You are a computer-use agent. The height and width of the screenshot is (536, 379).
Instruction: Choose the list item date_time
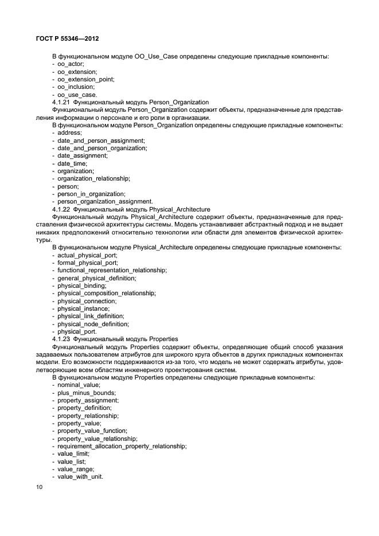(x=72, y=163)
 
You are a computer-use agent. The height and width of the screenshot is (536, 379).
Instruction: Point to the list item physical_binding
(x=81, y=285)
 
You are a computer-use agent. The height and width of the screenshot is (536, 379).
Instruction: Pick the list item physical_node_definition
(x=93, y=324)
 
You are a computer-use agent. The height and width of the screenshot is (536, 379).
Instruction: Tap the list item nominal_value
(x=79, y=385)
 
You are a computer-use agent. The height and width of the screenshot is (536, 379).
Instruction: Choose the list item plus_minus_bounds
(x=86, y=393)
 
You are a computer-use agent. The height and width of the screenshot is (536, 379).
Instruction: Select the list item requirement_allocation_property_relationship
(x=122, y=446)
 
